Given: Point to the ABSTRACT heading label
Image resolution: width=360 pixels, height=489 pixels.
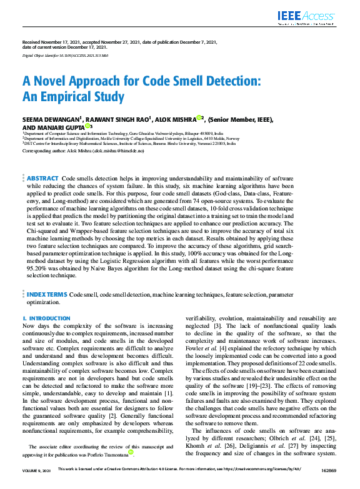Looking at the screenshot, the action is tap(42, 179).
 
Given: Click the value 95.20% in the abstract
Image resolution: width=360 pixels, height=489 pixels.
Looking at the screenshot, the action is tap(39, 268).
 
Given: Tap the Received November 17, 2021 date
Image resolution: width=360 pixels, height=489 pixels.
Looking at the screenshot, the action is tap(51, 42).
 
